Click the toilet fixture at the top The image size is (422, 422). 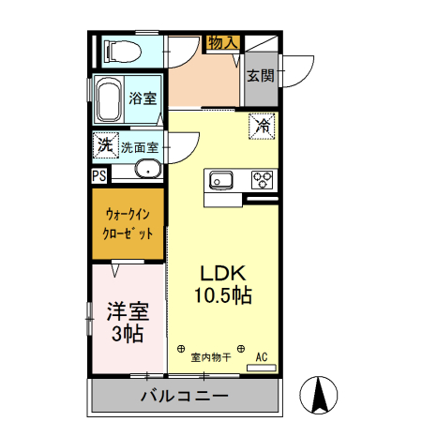point(122,50)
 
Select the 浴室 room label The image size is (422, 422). point(142,98)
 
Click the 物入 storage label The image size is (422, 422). point(223,42)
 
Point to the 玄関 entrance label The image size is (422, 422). point(261,76)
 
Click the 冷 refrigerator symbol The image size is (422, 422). point(263,126)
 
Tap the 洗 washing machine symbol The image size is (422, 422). point(104,145)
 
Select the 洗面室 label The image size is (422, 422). point(139,147)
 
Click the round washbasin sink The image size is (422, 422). point(146,171)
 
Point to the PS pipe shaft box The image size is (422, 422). point(99,175)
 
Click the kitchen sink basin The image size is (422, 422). point(222,178)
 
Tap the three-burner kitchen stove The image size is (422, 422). point(262,178)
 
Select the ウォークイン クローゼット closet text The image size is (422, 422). point(128,225)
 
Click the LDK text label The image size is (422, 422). point(223,273)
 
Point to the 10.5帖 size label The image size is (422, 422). point(223,294)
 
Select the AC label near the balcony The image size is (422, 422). point(263,356)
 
